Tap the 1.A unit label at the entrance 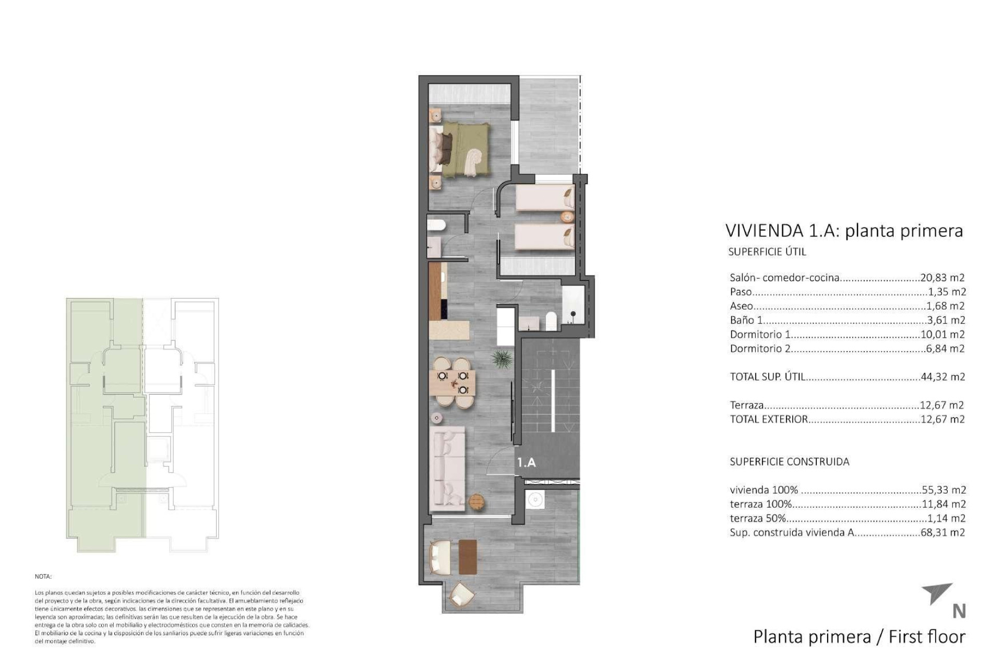(x=526, y=462)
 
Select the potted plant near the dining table (x=502, y=359)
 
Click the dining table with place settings (x=453, y=383)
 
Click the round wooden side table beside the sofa (x=476, y=502)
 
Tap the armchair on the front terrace (x=461, y=594)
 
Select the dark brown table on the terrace (x=468, y=556)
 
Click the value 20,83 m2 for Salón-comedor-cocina (x=942, y=278)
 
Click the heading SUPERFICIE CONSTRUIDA (x=789, y=461)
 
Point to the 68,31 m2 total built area (x=943, y=532)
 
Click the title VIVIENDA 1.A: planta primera (x=843, y=231)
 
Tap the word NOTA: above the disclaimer (x=43, y=577)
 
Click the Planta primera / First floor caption (x=859, y=637)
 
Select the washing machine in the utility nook (x=535, y=500)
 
